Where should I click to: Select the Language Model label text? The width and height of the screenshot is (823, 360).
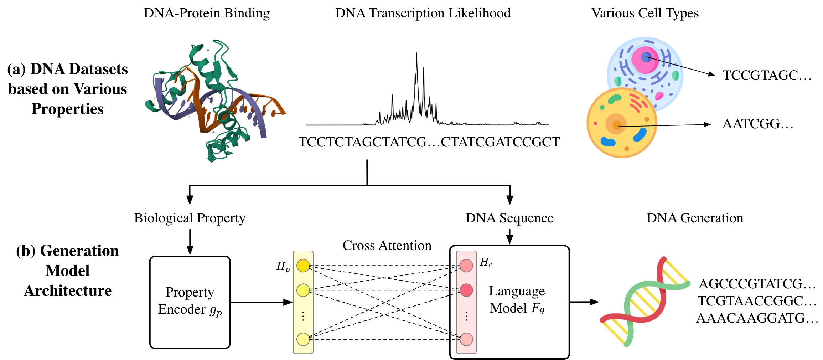(517, 299)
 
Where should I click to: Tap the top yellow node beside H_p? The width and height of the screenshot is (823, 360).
(303, 266)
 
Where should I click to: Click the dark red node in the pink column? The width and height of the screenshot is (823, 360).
(466, 290)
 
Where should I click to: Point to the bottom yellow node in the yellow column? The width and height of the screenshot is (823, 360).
(303, 339)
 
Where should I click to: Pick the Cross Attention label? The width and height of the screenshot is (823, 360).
(387, 245)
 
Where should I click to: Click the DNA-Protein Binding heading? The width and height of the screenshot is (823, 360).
(207, 13)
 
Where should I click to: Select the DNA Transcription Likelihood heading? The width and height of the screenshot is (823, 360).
(423, 13)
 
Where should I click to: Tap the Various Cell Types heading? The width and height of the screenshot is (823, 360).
(645, 13)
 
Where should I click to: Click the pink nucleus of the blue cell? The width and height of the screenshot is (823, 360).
(645, 59)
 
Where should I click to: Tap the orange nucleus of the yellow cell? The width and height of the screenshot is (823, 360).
(616, 124)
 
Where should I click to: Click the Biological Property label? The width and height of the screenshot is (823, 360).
(190, 218)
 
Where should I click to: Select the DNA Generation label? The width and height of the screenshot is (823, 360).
(695, 218)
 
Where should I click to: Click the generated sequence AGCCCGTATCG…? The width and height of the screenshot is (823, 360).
(757, 284)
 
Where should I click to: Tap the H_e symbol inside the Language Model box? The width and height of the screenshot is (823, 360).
(486, 262)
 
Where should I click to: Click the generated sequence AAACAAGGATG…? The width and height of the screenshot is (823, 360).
(757, 318)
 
